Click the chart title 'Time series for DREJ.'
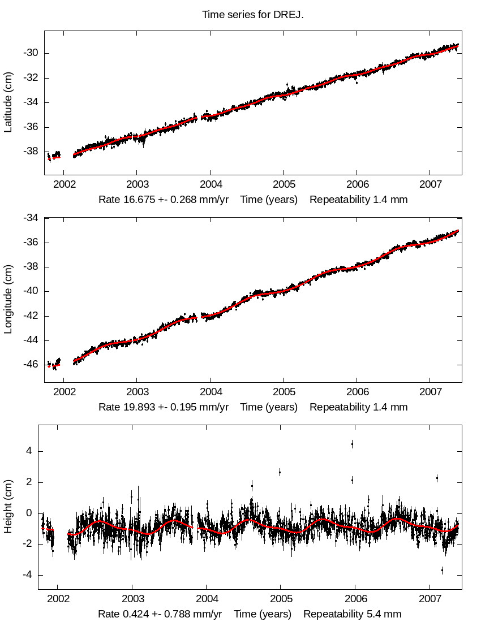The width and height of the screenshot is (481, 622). click(x=253, y=15)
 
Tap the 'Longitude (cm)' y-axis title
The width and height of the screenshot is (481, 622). click(x=8, y=300)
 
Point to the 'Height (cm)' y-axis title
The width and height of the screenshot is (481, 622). click(x=8, y=507)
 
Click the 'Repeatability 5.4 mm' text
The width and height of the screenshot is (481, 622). click(x=352, y=614)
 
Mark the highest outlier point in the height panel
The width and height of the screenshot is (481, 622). click(x=352, y=444)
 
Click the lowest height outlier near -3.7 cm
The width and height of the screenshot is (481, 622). click(x=442, y=570)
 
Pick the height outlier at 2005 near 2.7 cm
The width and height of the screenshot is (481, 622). click(x=280, y=472)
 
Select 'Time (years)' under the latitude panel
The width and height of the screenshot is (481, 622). click(x=269, y=200)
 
